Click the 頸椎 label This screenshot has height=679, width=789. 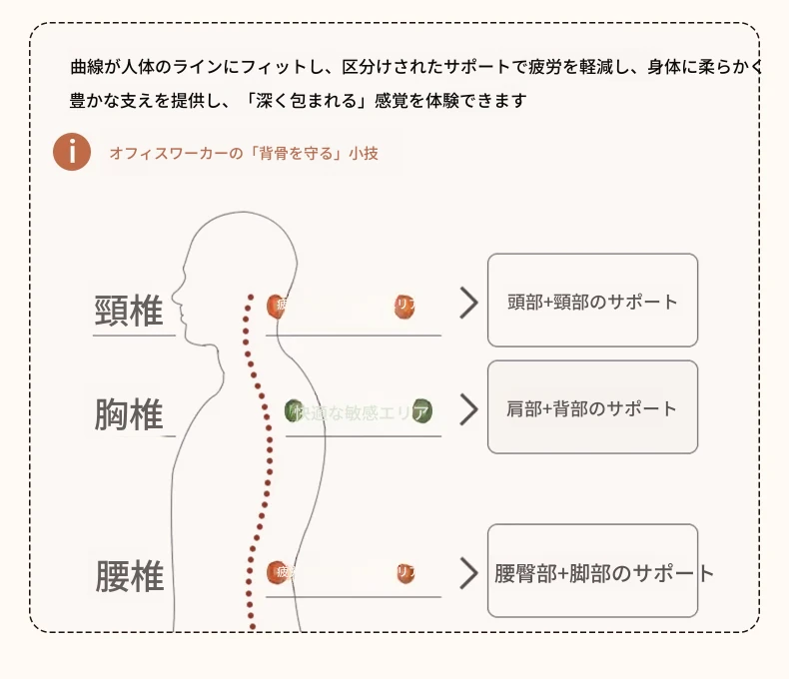(x=129, y=312)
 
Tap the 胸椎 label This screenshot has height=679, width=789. (x=129, y=414)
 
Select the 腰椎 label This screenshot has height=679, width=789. (x=130, y=576)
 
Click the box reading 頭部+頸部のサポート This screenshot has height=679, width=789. (x=592, y=301)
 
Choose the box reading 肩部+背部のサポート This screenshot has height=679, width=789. (x=592, y=407)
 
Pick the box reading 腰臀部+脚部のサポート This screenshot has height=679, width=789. (x=592, y=572)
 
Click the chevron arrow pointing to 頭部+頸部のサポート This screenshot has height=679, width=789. (x=468, y=303)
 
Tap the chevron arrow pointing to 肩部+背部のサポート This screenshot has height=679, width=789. (x=468, y=408)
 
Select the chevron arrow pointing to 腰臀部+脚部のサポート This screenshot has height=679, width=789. (x=468, y=573)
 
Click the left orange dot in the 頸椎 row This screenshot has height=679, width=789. (x=277, y=306)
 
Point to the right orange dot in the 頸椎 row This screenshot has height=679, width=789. (x=404, y=307)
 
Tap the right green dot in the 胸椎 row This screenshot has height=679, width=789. (x=421, y=410)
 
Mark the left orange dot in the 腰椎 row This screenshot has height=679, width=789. (x=277, y=572)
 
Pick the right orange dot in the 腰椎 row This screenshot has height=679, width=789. (x=404, y=573)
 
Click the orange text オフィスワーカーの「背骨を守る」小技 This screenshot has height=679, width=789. (x=244, y=154)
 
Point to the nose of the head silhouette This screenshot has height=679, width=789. (x=173, y=297)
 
